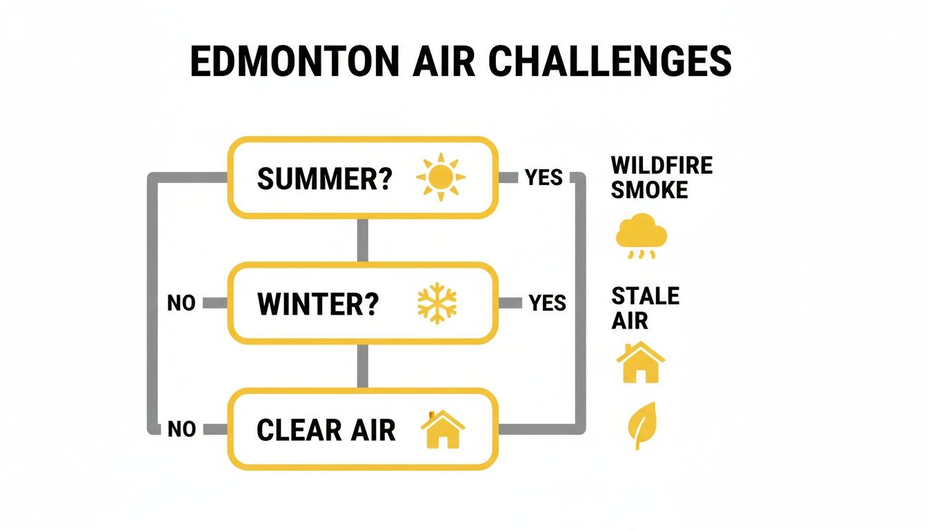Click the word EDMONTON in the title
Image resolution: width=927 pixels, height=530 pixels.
coord(293,62)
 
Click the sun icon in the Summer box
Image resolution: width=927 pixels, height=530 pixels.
coord(441,177)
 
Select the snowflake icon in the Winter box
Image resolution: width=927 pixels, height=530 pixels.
coord(438,304)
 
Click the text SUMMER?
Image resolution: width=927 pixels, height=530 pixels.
coord(325,179)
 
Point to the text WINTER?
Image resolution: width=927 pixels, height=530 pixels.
coord(318,304)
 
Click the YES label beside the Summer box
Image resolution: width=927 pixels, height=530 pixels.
coord(544,178)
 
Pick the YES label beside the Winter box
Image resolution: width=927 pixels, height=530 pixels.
coord(547,303)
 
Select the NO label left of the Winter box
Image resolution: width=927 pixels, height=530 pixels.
coord(181,304)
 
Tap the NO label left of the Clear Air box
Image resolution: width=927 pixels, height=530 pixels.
coord(181,429)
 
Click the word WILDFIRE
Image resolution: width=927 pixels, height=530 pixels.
coord(661,166)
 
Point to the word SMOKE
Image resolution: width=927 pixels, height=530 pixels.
coord(650,190)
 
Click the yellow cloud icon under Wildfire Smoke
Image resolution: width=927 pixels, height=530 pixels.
coord(641,234)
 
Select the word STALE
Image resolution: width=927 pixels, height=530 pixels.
coord(646,297)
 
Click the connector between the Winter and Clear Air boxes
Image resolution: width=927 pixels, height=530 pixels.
coord(362,365)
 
